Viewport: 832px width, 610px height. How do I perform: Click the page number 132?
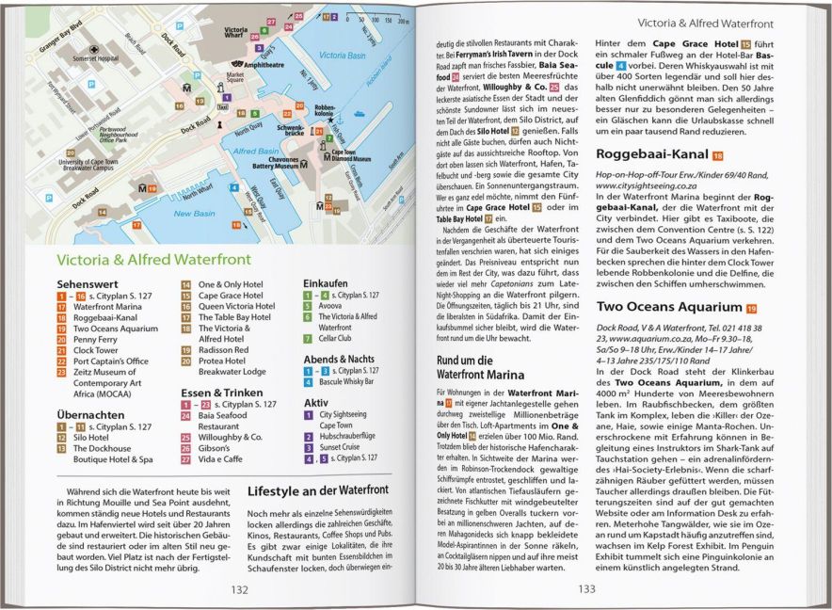pos(240,589)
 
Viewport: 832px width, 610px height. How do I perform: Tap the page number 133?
pos(586,589)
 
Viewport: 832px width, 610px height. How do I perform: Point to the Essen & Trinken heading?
pos(223,391)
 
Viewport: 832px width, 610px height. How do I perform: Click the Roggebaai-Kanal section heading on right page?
pos(651,155)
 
